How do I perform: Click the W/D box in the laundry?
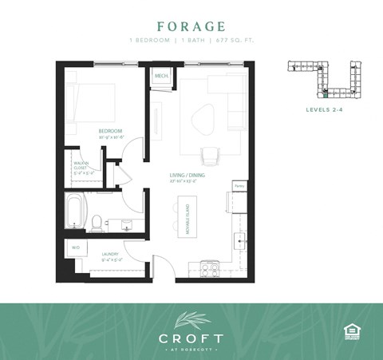(76, 248)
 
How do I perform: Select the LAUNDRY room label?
(111, 256)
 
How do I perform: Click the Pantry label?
(238, 185)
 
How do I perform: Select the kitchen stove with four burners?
(210, 270)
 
